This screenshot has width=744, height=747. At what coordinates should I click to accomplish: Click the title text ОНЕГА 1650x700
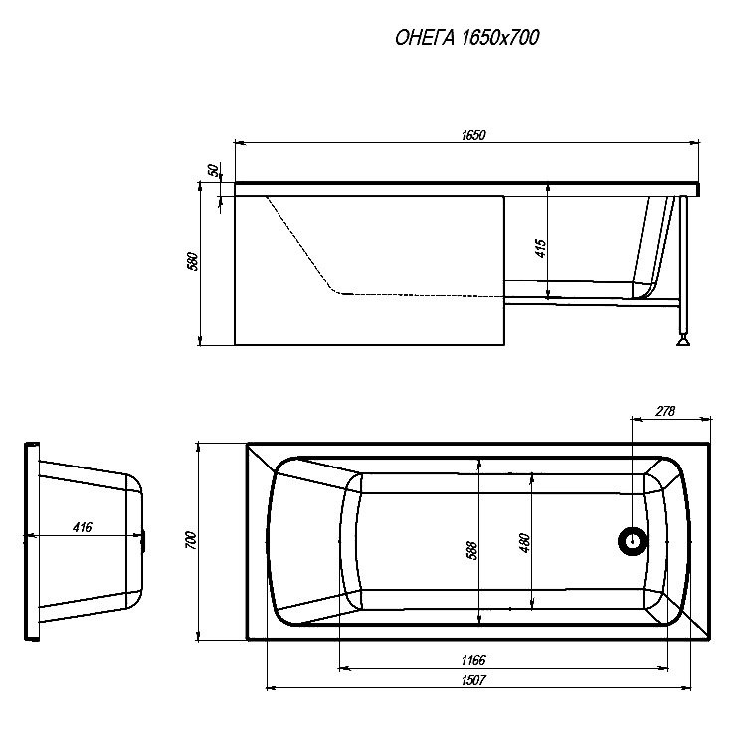tap(466, 37)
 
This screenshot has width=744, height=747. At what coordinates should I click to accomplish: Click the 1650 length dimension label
tap(473, 135)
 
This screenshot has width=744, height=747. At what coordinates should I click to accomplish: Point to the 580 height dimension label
tap(193, 261)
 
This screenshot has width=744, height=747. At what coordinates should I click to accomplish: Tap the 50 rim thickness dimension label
tap(214, 170)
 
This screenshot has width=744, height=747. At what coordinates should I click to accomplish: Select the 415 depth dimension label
tap(541, 249)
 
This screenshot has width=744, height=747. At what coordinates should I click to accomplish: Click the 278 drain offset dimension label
tap(665, 411)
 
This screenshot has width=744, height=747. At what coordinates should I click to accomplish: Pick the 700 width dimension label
tap(191, 540)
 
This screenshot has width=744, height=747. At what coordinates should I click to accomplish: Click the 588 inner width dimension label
tap(471, 550)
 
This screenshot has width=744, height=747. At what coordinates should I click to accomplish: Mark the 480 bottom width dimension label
tap(524, 543)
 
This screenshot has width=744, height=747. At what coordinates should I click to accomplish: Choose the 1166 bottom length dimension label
tap(473, 660)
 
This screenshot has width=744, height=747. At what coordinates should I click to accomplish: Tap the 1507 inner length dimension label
tap(473, 680)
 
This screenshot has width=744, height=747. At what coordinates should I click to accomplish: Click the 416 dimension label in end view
tap(82, 527)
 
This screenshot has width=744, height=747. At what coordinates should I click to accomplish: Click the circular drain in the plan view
tap(632, 541)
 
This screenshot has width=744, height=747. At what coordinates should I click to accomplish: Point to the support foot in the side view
tap(683, 339)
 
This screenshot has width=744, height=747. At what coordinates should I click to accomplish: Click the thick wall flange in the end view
tap(32, 541)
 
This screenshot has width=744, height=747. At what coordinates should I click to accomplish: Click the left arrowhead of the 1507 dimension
tap(271, 688)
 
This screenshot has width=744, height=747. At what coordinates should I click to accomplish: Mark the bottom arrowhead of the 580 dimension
tap(200, 340)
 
